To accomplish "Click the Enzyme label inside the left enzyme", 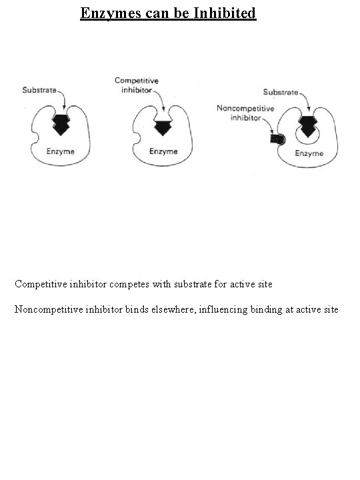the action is point(60,151).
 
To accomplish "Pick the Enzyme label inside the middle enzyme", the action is point(163,151).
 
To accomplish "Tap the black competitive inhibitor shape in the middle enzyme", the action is point(163,124).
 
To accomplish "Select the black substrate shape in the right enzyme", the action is point(309,125).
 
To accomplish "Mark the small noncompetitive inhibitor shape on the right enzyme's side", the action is point(277,139).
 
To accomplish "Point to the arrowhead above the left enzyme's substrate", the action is point(63,108).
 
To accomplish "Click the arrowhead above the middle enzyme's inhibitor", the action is point(163,109).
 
